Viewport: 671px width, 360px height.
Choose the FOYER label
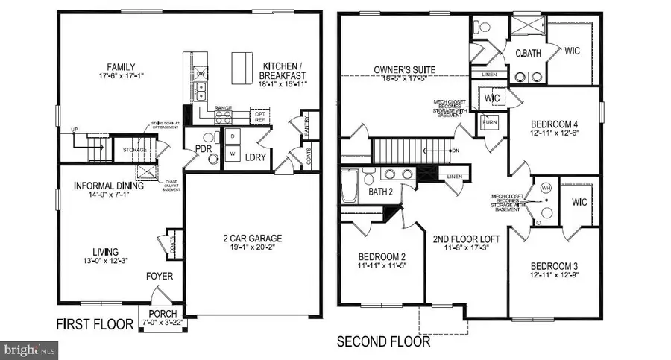pyautogui.click(x=160, y=277)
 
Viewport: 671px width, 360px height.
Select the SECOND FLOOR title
pyautogui.click(x=383, y=342)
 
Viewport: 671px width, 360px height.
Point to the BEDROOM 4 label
pyautogui.click(x=555, y=124)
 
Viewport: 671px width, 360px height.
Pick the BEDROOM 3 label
pyautogui.click(x=555, y=266)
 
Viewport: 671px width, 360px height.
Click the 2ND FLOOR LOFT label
pyautogui.click(x=466, y=239)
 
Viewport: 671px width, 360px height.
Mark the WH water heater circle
pyautogui.click(x=545, y=188)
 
